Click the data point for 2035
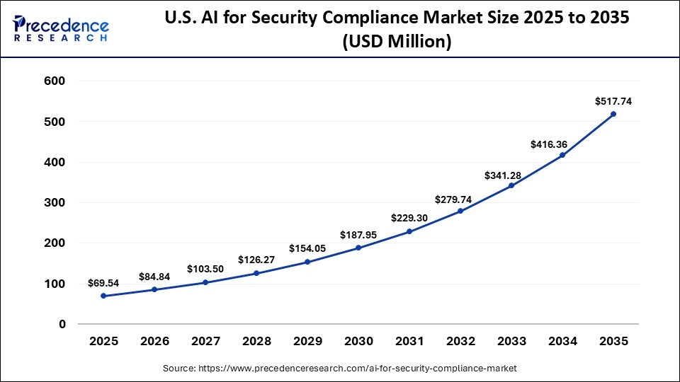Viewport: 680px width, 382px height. [x=613, y=114]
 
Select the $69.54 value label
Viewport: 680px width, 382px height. [x=103, y=283]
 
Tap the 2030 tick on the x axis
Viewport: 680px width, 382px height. [x=358, y=342]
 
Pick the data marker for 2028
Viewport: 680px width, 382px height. [x=256, y=273]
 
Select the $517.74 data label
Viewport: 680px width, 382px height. [x=613, y=101]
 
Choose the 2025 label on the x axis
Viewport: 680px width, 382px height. [x=103, y=342]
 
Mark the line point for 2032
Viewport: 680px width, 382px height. [x=460, y=211]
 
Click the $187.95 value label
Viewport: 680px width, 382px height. [x=358, y=235]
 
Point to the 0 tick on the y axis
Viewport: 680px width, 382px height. [x=62, y=324]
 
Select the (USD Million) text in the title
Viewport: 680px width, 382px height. [x=397, y=42]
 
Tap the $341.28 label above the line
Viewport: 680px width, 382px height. [x=511, y=174]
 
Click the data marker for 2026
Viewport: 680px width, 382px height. [x=154, y=289]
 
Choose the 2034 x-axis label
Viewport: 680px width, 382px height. [x=562, y=342]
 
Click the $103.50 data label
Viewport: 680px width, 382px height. [x=205, y=270]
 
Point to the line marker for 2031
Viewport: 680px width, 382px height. [x=409, y=231]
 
